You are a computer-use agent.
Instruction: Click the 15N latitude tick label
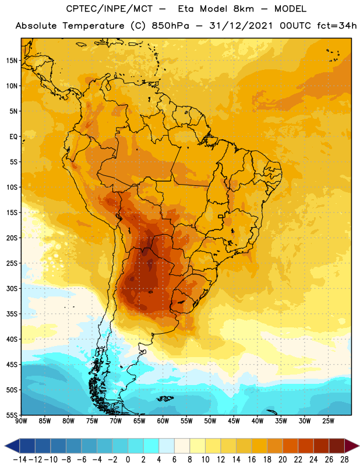[x=12, y=61]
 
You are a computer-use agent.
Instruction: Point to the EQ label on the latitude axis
[x=13, y=137]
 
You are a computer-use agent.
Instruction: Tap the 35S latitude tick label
[x=12, y=314]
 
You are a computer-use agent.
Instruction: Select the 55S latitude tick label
[x=12, y=415]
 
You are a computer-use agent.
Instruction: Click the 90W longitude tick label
[x=21, y=421]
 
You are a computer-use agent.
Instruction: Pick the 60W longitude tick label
[x=163, y=421]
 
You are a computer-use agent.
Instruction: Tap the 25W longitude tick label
[x=328, y=421]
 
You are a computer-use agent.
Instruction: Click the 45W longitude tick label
[x=234, y=421]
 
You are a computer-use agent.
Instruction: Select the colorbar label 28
[x=344, y=460]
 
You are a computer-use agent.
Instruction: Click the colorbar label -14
[x=20, y=460]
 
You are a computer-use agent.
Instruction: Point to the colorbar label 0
[x=128, y=460]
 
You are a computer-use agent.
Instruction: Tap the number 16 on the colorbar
[x=252, y=460]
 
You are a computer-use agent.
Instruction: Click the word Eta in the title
[x=186, y=9]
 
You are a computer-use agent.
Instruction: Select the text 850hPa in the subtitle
[x=170, y=26]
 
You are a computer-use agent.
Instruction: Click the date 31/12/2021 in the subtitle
[x=241, y=26]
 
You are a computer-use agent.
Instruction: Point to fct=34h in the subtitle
[x=337, y=26]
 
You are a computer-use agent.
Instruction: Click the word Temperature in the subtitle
[x=93, y=26]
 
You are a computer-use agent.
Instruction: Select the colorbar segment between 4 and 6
[x=167, y=446]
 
